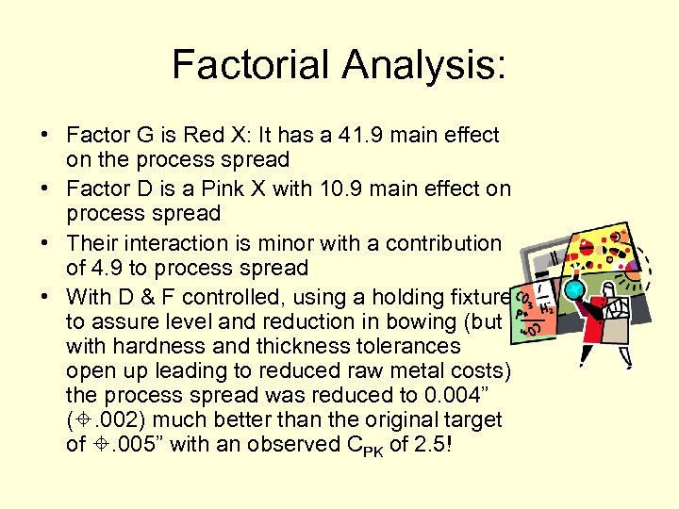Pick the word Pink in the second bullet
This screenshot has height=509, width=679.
(x=246, y=189)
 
